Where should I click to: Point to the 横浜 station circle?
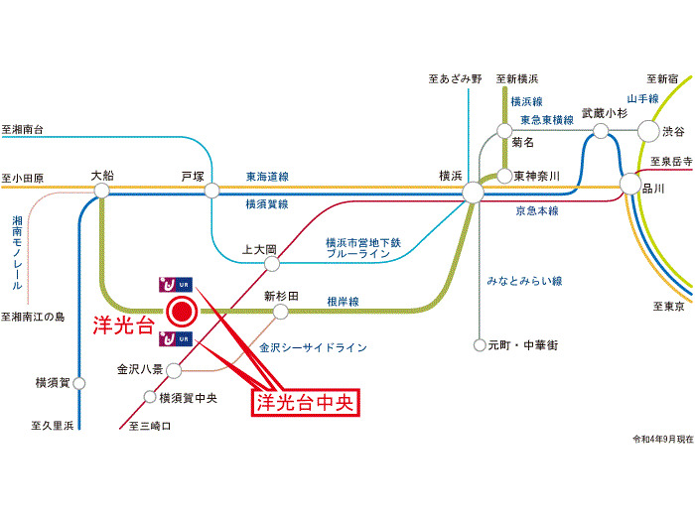click(473, 191)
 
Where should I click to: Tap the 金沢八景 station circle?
click(174, 370)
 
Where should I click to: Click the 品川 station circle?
click(630, 186)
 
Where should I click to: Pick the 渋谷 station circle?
click(648, 130)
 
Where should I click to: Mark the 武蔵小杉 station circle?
click(601, 130)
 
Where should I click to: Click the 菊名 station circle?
click(503, 129)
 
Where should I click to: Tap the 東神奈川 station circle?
click(503, 176)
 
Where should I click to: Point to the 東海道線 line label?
click(267, 177)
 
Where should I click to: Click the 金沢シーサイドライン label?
click(313, 348)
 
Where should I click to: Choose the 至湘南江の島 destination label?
click(34, 317)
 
